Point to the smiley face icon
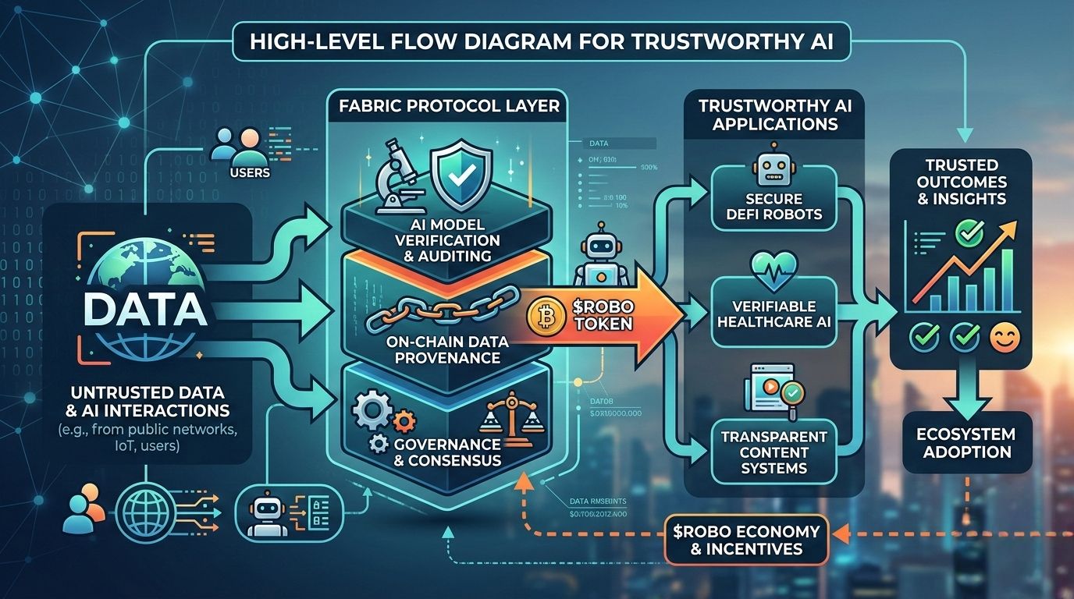[1002, 337]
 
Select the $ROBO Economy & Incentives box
[746, 539]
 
